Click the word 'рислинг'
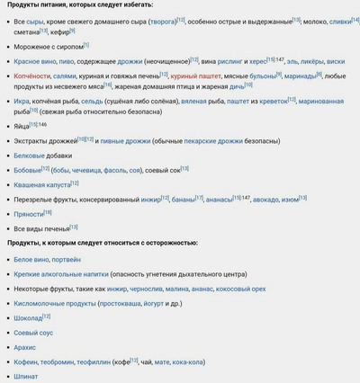pos(234,61)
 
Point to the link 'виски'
pos(334,61)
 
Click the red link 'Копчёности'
pos(32,76)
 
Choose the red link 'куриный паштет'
pos(196,76)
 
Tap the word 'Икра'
pos(23,102)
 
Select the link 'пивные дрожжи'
pos(125,142)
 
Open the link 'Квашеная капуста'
pos(41,183)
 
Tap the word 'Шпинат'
pos(26,377)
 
